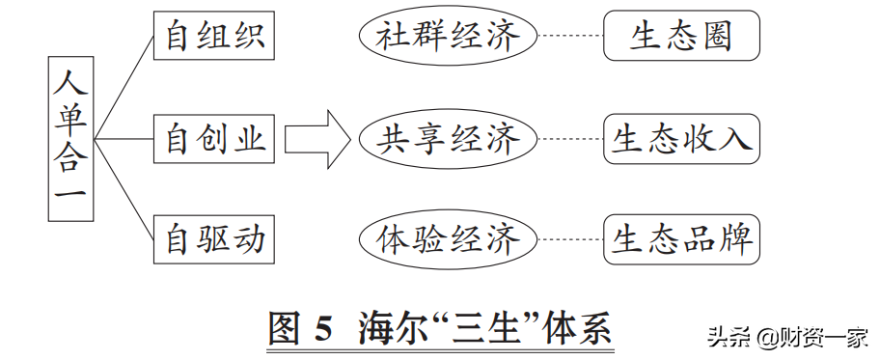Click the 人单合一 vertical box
coord(71,138)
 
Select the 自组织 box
coord(214,38)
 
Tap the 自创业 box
coord(214,139)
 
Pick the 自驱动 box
coord(214,238)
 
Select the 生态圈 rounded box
coord(681,38)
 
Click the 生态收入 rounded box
coord(681,140)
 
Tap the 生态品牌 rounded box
coord(681,238)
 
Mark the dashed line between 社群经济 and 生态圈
coord(570,38)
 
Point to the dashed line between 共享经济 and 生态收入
coord(570,140)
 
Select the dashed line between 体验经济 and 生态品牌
coord(570,238)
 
